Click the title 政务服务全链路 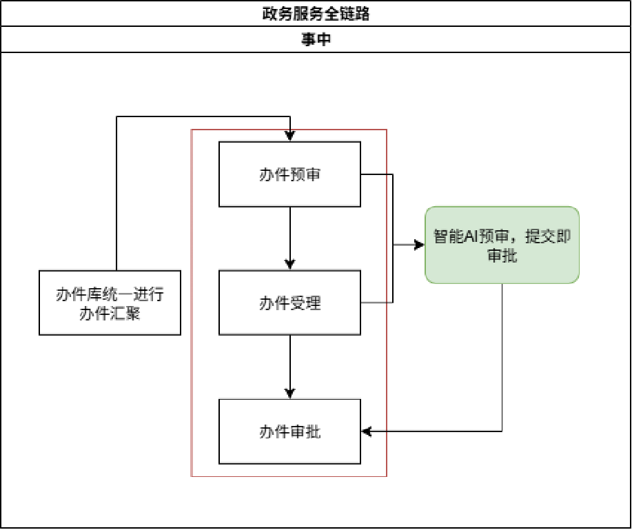[x=316, y=14]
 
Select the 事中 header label [x=316, y=40]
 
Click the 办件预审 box [x=289, y=174]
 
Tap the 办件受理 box [x=289, y=303]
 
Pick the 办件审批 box [x=289, y=431]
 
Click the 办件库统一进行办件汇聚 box [x=110, y=303]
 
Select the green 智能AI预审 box [x=502, y=245]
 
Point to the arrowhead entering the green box [x=419, y=245]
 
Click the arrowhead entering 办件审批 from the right [x=367, y=431]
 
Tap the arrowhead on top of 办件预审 [x=290, y=137]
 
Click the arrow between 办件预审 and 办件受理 [x=290, y=238]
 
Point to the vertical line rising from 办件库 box [x=116, y=193]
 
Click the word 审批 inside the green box [x=502, y=256]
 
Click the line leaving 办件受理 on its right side [x=376, y=302]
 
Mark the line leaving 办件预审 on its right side [x=376, y=174]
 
